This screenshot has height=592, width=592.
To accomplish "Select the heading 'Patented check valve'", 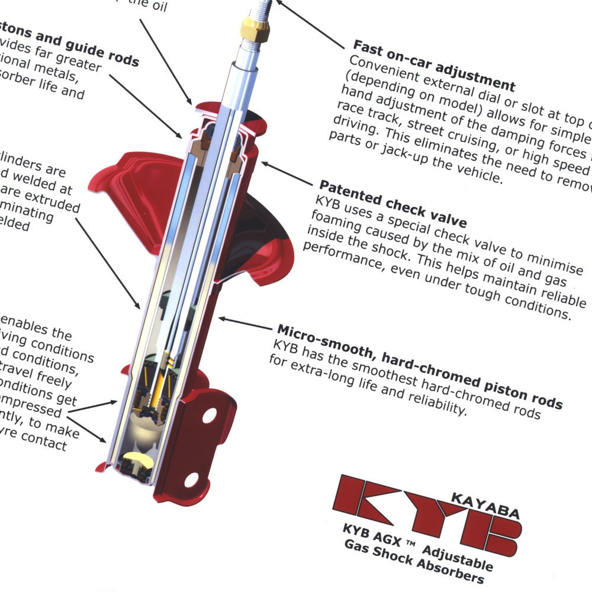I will tap(393, 203).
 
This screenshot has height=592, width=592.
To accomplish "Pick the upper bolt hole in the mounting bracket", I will tap(209, 416).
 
